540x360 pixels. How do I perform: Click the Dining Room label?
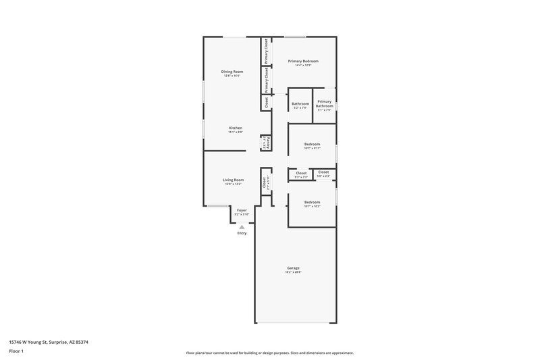click(232, 71)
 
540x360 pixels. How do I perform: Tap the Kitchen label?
click(236, 128)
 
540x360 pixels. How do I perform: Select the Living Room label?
click(233, 180)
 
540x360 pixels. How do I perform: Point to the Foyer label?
click(241, 210)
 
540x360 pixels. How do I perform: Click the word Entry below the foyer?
click(242, 233)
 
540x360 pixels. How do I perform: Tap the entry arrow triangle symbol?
click(242, 227)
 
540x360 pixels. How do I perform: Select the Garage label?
click(293, 267)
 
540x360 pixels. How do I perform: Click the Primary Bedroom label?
click(302, 61)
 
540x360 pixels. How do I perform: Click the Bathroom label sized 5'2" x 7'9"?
click(300, 103)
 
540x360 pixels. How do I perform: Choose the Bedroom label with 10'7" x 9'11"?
click(312, 144)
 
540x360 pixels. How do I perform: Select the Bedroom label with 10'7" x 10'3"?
click(312, 202)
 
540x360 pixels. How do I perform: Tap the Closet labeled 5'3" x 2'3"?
click(301, 173)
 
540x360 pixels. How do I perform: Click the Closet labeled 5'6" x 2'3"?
click(324, 172)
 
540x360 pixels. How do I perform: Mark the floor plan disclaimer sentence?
click(269, 353)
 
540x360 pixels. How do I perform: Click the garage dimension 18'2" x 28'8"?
click(293, 272)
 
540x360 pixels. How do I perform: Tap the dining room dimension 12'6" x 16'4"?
click(232, 76)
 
